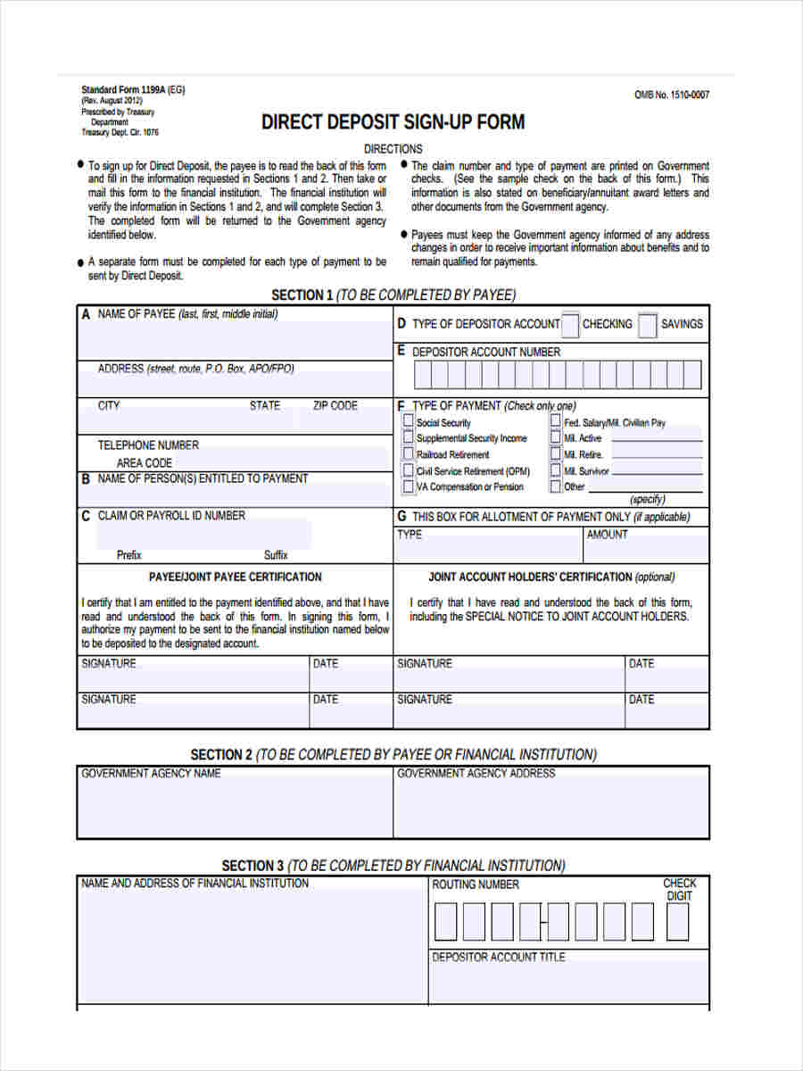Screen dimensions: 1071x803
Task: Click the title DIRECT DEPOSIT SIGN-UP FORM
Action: click(x=393, y=122)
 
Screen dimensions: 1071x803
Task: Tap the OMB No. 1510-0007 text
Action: click(x=671, y=95)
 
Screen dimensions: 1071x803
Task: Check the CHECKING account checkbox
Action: click(x=570, y=325)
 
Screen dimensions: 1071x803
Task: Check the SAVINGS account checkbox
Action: click(x=649, y=325)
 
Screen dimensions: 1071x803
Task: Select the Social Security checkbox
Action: click(x=409, y=422)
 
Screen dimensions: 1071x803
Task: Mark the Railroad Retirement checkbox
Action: click(x=409, y=454)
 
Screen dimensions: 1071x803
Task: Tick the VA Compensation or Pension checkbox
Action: click(x=409, y=486)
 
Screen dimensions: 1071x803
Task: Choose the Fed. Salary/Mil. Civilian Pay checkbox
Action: click(x=556, y=422)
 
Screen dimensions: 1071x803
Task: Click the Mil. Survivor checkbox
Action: click(x=556, y=470)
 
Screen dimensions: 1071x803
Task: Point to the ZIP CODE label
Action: click(x=335, y=405)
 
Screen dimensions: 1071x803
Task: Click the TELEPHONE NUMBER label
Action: click(x=148, y=444)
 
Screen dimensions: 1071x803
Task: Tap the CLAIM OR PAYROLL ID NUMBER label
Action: click(x=170, y=515)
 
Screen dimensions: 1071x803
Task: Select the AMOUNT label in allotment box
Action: click(x=607, y=535)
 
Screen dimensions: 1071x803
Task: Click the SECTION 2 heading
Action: click(x=393, y=754)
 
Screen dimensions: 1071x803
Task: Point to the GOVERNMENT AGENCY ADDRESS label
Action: click(x=476, y=773)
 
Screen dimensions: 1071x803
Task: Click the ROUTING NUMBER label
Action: click(x=475, y=884)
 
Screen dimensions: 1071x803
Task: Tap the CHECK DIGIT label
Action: click(x=680, y=889)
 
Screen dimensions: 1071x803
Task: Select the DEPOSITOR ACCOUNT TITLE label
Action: click(x=498, y=957)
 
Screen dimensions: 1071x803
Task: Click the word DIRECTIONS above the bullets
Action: click(x=393, y=149)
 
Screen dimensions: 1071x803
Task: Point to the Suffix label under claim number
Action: click(x=276, y=554)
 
